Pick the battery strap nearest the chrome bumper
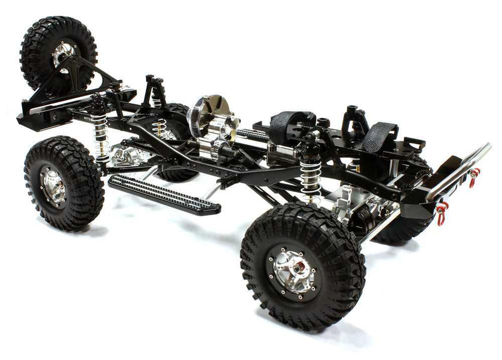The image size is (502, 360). coord(383,135)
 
